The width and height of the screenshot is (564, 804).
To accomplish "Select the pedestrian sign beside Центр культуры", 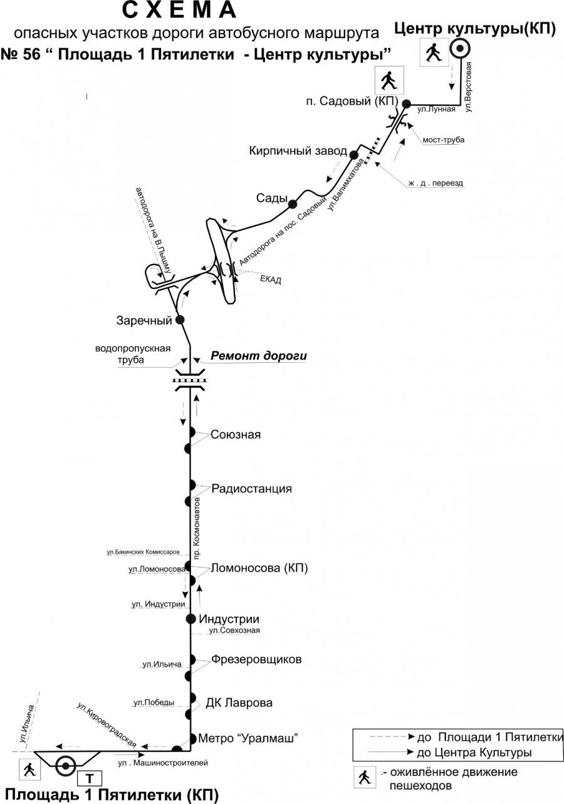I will tap(432, 52).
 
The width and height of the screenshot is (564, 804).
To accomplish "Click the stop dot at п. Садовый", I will tap(406, 103).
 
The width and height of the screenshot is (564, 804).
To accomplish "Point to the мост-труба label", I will tap(444, 140).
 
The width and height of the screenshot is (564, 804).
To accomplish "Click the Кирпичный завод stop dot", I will tap(353, 154).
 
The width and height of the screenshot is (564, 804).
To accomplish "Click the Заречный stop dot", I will tap(180, 320).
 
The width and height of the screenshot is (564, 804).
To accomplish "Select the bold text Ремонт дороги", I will tap(259, 356).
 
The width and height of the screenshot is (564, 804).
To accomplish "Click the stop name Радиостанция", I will tap(252, 489).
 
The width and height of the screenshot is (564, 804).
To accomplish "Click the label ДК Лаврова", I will tap(239, 702).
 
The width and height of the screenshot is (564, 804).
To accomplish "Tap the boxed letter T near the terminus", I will tap(90, 779).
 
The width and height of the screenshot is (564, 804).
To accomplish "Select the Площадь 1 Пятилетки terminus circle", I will tap(66, 765).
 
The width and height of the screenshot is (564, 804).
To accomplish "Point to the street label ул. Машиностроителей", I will tap(163, 763).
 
